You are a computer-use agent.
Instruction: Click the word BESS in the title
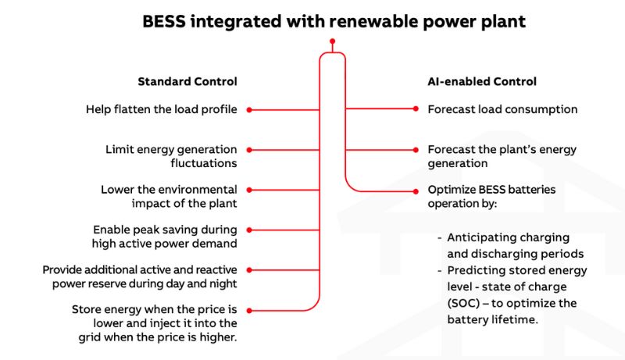pyautogui.click(x=163, y=22)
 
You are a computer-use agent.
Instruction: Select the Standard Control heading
pyautogui.click(x=187, y=81)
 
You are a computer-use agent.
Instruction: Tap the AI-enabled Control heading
pyautogui.click(x=482, y=81)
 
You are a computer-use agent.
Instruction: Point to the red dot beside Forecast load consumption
pyautogui.click(x=416, y=109)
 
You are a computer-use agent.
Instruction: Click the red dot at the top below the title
pyautogui.click(x=332, y=41)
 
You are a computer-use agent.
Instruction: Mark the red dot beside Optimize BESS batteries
pyautogui.click(x=416, y=190)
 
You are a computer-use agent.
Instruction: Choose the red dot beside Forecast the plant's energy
pyautogui.click(x=416, y=149)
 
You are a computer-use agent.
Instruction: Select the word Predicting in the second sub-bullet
pyautogui.click(x=477, y=270)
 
